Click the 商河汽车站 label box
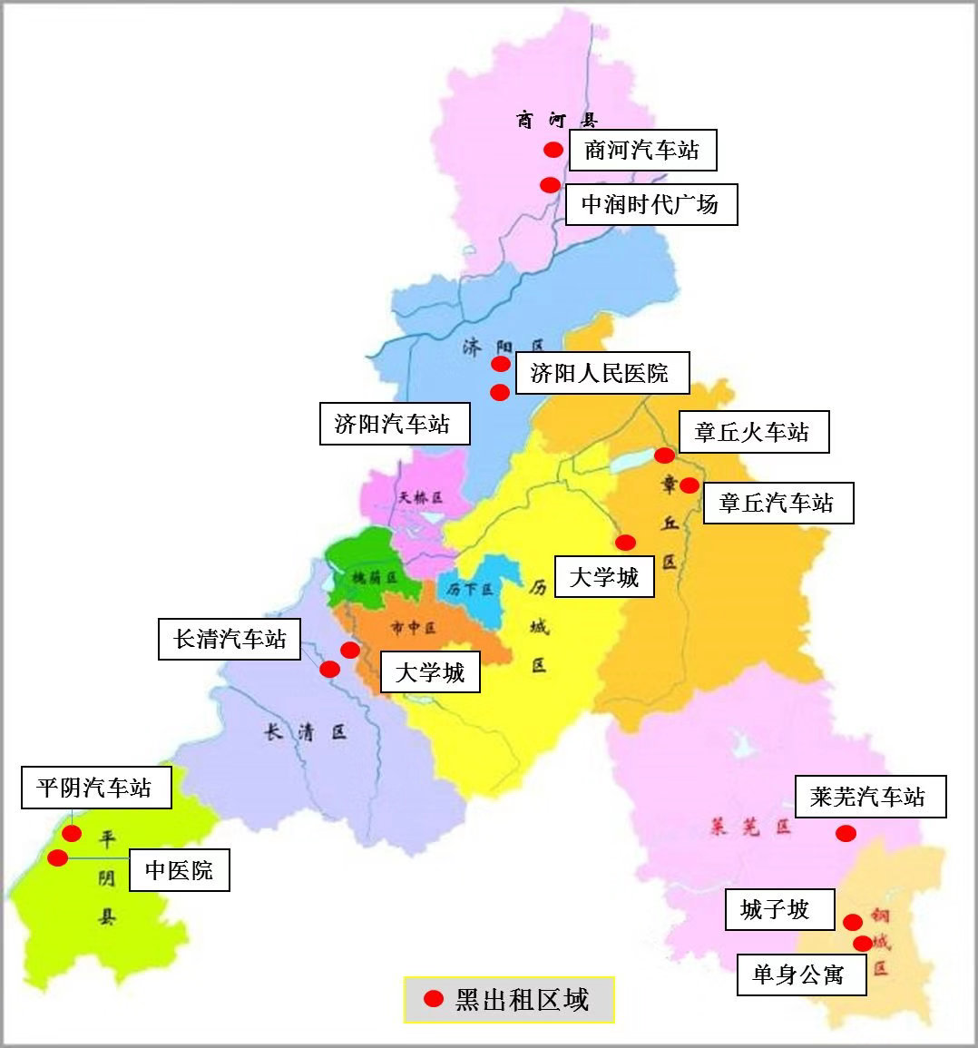[x=642, y=150]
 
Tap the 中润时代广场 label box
[x=650, y=205]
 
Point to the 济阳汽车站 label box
[x=394, y=424]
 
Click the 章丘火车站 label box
[x=752, y=432]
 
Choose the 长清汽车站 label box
[x=230, y=639]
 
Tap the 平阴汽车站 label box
[x=95, y=787]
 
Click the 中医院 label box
[x=180, y=871]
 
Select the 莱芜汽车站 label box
[x=870, y=797]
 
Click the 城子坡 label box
[x=778, y=909]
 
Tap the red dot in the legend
[x=434, y=999]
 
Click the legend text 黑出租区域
[x=522, y=1000]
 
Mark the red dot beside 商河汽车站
[x=553, y=150]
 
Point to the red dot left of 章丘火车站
[x=664, y=455]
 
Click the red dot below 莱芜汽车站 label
[x=845, y=833]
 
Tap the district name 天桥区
[x=420, y=497]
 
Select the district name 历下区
[x=470, y=589]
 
